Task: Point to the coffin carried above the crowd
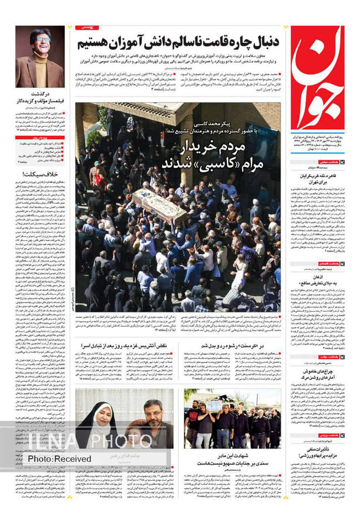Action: [160, 203]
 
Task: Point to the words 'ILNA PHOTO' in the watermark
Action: [89, 441]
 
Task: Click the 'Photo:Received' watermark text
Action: [59, 459]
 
